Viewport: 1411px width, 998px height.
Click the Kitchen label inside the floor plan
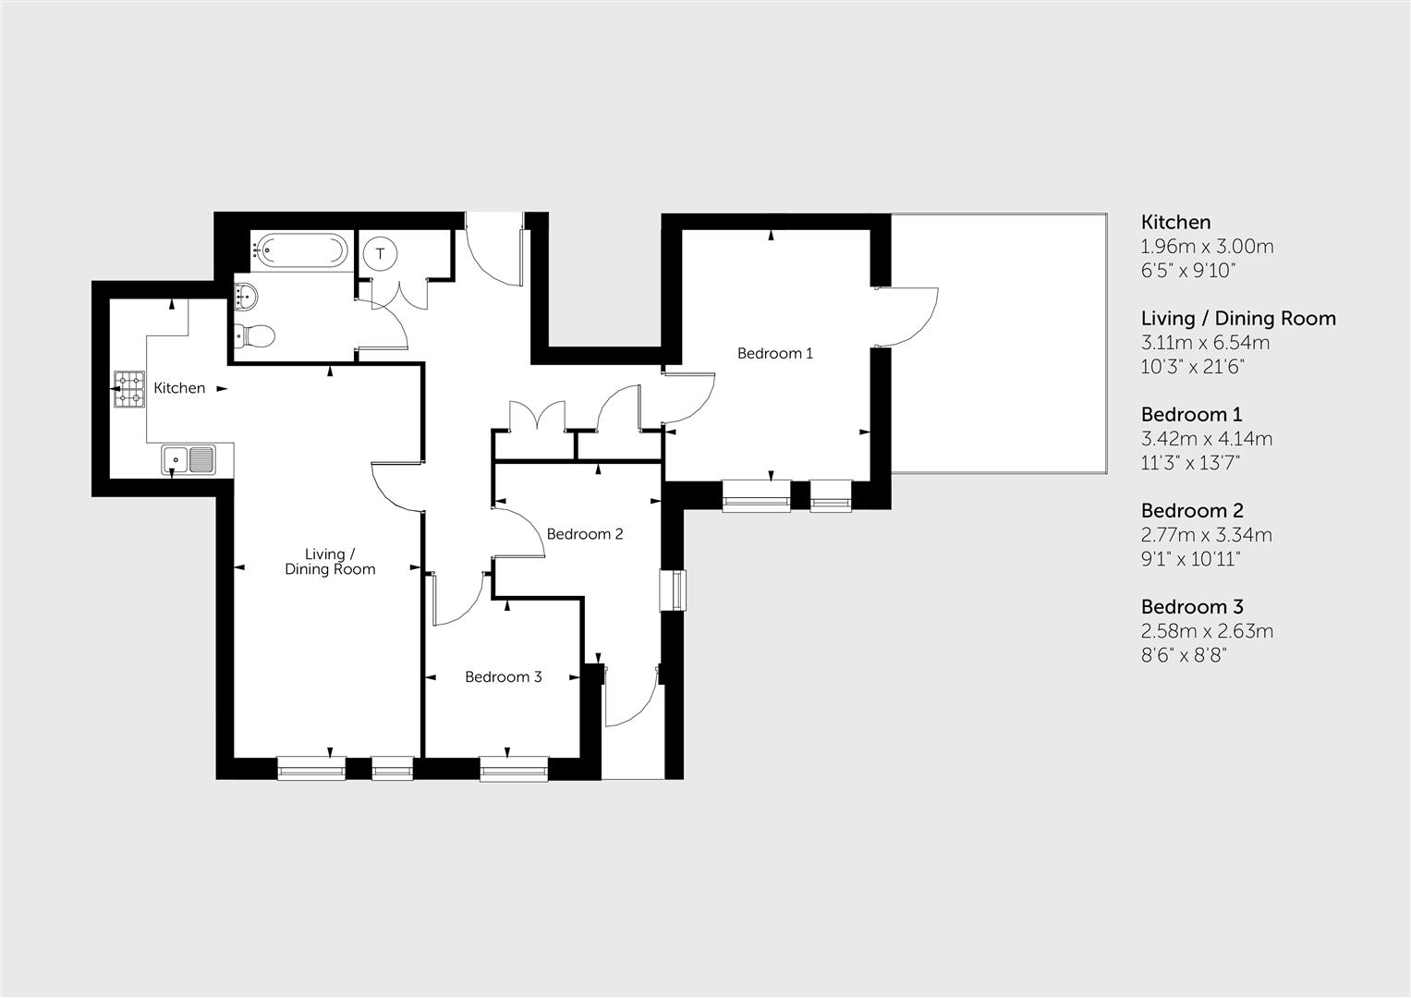point(179,388)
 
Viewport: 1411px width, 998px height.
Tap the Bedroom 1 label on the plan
point(774,353)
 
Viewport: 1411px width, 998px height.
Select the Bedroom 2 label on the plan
point(584,534)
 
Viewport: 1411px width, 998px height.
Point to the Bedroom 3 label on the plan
point(503,677)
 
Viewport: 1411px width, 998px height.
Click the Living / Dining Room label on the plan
point(330,562)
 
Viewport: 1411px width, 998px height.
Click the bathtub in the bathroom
point(301,249)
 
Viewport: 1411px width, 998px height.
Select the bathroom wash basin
point(247,296)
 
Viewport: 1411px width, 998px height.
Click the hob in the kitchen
point(129,389)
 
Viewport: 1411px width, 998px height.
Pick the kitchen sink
point(189,458)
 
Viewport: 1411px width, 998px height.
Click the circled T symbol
point(380,252)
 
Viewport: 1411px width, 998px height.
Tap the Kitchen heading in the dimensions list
point(1175,222)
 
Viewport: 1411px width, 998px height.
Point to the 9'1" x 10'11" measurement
point(1190,559)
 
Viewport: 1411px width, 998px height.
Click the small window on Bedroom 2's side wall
point(674,590)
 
